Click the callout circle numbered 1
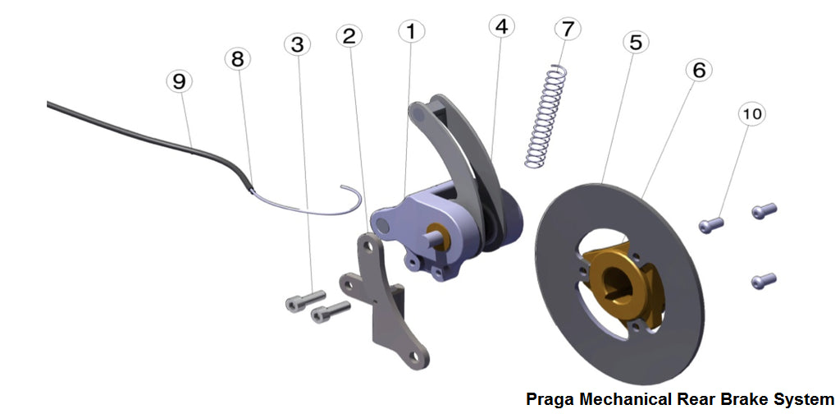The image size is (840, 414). pos(412,32)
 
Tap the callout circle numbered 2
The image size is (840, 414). pos(349,36)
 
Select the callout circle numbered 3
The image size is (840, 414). pos(298,44)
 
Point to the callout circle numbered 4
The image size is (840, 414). pos(501,25)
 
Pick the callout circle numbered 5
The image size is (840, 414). pos(634,41)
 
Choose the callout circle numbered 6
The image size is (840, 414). pos(698,71)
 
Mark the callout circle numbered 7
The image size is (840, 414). pos(567,28)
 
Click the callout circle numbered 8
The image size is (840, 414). pos(238,59)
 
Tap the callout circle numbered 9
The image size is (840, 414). pos(179,81)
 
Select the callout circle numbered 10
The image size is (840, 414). pos(752,114)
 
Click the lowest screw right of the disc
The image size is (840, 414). pos(762,281)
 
